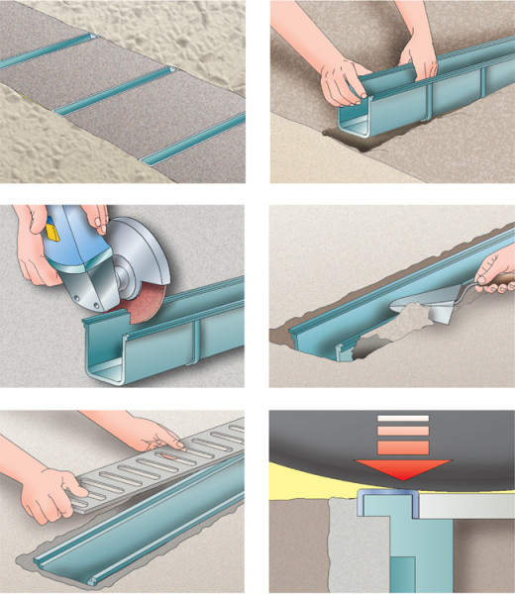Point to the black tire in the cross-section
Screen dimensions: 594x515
click(327, 445)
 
